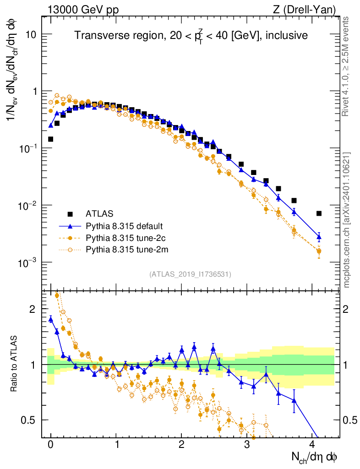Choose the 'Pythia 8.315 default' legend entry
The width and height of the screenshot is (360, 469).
[x=124, y=226]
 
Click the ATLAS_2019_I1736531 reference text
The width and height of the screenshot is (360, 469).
[x=190, y=274]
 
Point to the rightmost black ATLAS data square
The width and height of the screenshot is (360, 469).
[x=319, y=213]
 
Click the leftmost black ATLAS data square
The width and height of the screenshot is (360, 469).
[x=51, y=139]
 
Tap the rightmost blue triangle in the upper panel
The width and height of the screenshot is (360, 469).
[x=319, y=237]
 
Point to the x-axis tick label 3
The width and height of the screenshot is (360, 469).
[x=247, y=445]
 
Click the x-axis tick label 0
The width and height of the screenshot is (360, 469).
[x=51, y=445]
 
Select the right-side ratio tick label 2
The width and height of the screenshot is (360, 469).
[x=349, y=309]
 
